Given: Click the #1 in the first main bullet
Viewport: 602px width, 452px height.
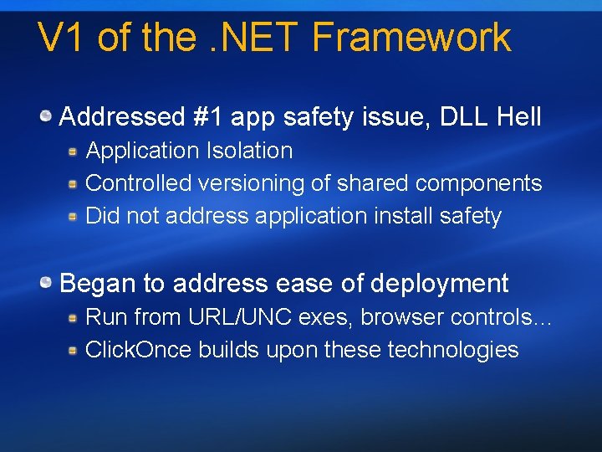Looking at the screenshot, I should click(208, 116).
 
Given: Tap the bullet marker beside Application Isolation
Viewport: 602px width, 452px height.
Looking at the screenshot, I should click(74, 151).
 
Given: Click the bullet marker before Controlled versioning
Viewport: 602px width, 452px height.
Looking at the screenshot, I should click(74, 183).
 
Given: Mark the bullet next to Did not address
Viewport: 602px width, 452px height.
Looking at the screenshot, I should click(74, 216).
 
